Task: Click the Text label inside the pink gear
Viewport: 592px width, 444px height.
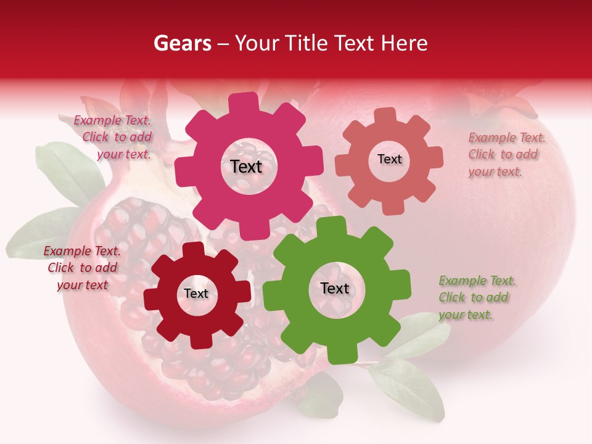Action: (x=246, y=166)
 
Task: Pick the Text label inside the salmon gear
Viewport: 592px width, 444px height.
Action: (x=389, y=159)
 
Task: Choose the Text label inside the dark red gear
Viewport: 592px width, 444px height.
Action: (x=196, y=294)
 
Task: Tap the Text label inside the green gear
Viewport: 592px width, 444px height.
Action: (x=335, y=289)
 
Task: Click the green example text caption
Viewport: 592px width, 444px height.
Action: (x=477, y=298)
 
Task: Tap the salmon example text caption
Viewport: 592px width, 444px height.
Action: (x=506, y=155)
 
